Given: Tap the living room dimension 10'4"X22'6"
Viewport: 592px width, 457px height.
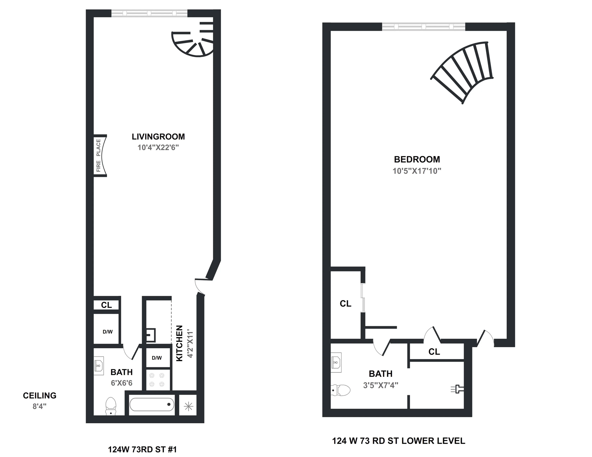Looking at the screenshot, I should (158, 147).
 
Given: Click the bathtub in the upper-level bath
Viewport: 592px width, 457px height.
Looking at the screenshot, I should (152, 405).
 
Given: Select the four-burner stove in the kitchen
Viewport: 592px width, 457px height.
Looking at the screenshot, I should (157, 380).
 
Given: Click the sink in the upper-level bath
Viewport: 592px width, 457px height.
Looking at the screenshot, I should (99, 365).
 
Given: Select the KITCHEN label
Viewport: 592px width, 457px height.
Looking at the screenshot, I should (179, 343).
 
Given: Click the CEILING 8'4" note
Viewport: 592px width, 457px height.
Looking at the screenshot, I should (40, 400).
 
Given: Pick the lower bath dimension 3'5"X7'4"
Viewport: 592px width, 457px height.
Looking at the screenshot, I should (380, 385).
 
